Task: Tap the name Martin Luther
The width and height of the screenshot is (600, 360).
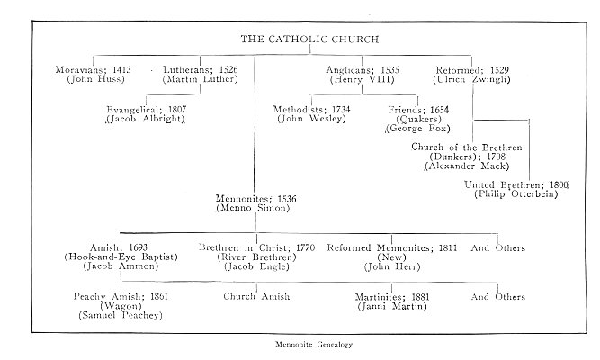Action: [x=201, y=80]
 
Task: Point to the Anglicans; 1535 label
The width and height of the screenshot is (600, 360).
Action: [x=363, y=69]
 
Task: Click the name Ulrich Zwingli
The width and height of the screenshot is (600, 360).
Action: [x=472, y=80]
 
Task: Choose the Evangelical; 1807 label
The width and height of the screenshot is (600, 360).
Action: [x=146, y=109]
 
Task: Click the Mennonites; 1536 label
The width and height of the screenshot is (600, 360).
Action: [x=253, y=198]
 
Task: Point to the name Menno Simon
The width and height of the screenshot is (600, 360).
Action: [x=253, y=209]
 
